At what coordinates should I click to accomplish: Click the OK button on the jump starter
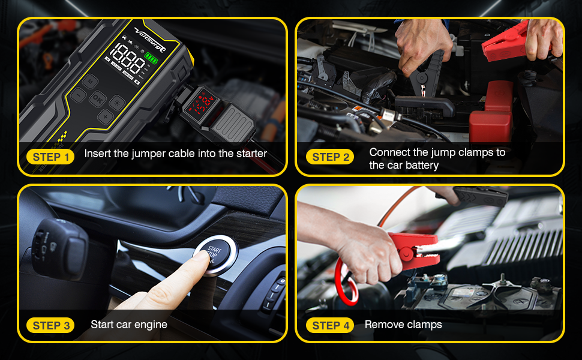(97, 99)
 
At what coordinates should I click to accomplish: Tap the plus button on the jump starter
(105, 116)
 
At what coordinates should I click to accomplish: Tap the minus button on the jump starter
(79, 95)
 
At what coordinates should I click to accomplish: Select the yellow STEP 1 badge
(50, 157)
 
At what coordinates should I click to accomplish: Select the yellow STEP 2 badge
(330, 157)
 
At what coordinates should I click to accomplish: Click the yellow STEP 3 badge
(50, 325)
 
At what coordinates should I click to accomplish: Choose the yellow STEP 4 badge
(330, 325)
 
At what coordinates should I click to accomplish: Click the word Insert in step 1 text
(97, 154)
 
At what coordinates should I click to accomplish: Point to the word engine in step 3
(151, 325)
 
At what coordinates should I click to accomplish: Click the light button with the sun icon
(117, 102)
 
